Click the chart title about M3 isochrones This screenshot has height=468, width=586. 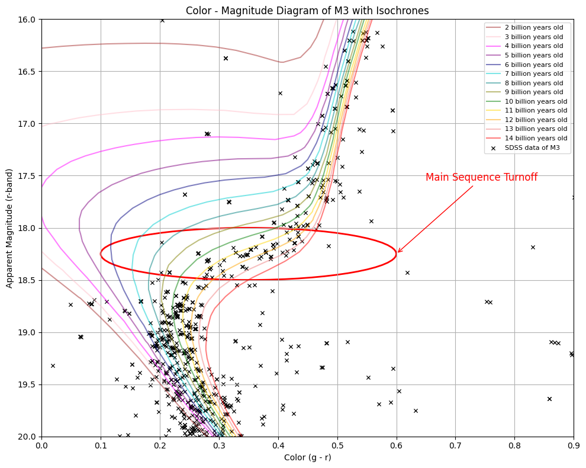[307, 11]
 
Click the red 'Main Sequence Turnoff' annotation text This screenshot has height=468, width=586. [481, 178]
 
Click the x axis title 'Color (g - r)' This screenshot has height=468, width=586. [307, 457]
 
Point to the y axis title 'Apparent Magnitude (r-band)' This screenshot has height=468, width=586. [9, 228]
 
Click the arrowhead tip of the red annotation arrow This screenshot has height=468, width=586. [397, 253]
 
